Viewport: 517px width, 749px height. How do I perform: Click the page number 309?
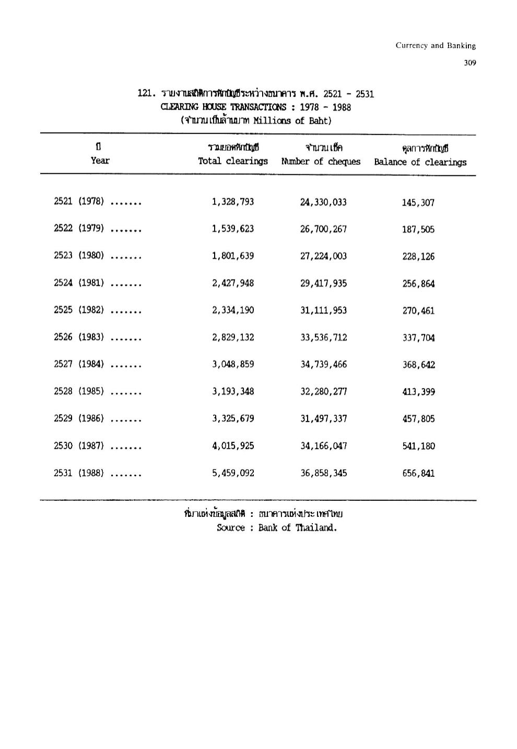(x=469, y=63)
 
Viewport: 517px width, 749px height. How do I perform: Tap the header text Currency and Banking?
(x=436, y=45)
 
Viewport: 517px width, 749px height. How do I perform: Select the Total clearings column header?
(x=232, y=161)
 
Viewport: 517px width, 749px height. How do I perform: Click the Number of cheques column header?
(x=321, y=161)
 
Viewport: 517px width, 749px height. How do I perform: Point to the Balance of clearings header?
(x=420, y=162)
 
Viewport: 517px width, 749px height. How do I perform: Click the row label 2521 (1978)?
(x=79, y=201)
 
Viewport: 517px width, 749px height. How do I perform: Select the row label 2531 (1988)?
(x=79, y=473)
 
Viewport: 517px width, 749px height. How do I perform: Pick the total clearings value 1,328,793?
(x=233, y=202)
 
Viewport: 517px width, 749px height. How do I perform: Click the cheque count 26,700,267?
(x=323, y=229)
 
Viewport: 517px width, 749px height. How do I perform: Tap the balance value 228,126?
(x=418, y=257)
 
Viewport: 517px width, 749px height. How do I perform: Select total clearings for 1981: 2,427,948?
(x=233, y=283)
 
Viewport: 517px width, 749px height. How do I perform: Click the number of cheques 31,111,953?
(x=323, y=310)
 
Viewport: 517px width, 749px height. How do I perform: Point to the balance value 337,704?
(x=418, y=338)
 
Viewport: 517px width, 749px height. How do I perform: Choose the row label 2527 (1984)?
(x=79, y=364)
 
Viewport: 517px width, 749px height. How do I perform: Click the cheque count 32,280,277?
(x=323, y=392)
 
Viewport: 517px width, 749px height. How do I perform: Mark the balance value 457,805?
(x=418, y=419)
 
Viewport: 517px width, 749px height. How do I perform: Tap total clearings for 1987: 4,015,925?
(x=233, y=446)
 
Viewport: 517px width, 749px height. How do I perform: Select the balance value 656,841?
(x=418, y=474)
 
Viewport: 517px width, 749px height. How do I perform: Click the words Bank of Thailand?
(x=297, y=527)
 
